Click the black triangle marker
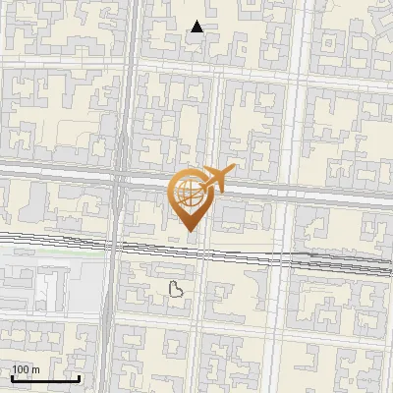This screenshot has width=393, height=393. point(197,27)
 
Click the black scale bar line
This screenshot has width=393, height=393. point(45,378)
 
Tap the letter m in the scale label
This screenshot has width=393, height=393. point(36,369)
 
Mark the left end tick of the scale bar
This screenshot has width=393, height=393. point(12,376)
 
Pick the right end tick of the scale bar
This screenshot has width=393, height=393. point(79,376)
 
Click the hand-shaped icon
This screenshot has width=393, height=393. point(177,288)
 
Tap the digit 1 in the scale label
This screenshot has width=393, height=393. point(15,369)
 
